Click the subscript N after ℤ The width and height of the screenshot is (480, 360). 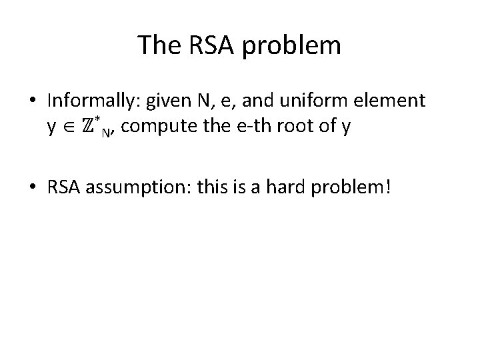107,130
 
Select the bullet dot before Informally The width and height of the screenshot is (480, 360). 34,101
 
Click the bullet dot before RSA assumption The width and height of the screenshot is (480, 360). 34,190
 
